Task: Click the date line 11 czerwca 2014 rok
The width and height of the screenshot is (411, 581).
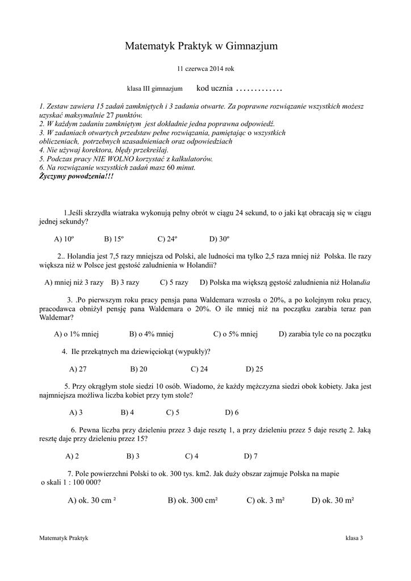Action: (205, 69)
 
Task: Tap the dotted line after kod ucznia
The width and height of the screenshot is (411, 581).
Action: (259, 89)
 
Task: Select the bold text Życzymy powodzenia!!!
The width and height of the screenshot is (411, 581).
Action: (76, 176)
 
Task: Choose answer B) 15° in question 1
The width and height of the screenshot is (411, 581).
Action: (114, 239)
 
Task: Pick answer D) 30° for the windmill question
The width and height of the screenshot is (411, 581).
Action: (219, 239)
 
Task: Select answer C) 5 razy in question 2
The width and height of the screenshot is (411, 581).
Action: (174, 282)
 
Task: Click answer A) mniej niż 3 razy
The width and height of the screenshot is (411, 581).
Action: (74, 282)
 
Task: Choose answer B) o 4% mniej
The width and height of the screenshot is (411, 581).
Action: (151, 334)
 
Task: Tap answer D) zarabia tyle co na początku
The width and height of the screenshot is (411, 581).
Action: (324, 334)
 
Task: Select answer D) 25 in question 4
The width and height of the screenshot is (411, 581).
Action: (255, 369)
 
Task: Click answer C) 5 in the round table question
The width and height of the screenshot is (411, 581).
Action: (173, 412)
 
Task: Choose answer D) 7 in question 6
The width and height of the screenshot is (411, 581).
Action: (250, 456)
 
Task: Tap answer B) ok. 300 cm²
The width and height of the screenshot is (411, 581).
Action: (193, 500)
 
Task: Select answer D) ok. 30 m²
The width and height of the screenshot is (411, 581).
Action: (333, 500)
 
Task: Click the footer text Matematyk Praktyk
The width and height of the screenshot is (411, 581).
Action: (64, 537)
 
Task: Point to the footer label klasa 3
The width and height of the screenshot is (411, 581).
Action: (354, 537)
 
